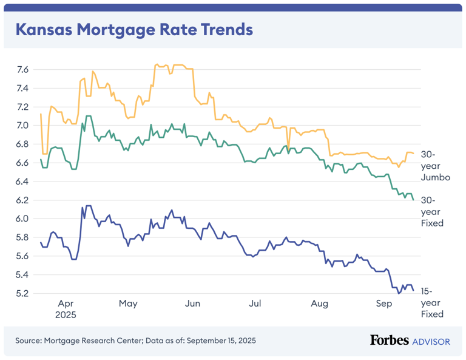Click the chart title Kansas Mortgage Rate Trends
pos(133,29)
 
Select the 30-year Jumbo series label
pos(435,166)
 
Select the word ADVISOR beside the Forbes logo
pos(431,341)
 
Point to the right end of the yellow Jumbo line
pos(413,154)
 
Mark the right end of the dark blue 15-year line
pos(413,290)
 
